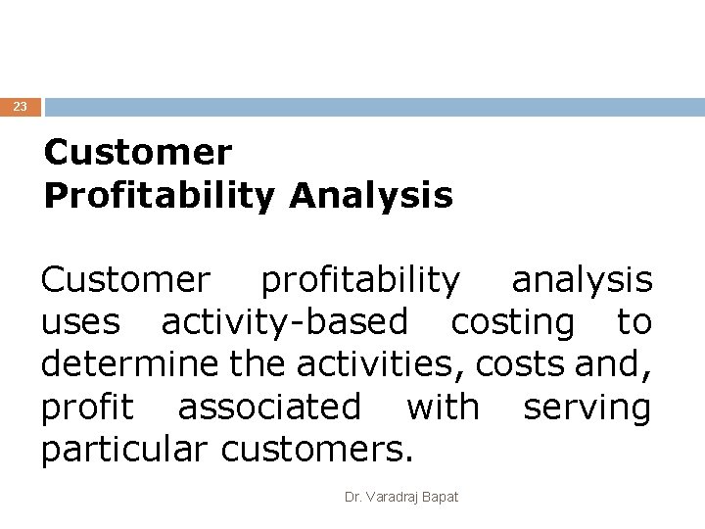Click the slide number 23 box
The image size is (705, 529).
pos(21,107)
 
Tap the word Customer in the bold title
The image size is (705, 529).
pos(138,153)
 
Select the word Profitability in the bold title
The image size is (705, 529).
pos(160,195)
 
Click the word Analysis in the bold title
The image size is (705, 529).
pos(371,195)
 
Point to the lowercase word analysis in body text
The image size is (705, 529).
pos(582,281)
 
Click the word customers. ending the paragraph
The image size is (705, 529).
pos(318,450)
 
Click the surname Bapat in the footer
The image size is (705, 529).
pos(441,498)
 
